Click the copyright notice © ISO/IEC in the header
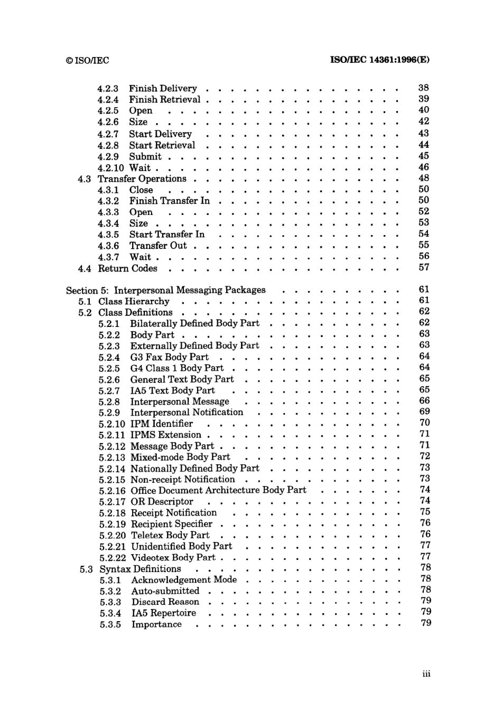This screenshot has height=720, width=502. [x=88, y=60]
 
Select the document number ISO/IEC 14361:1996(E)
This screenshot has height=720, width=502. [x=379, y=60]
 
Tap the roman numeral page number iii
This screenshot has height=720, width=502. [x=426, y=674]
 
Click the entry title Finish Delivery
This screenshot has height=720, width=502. [x=163, y=88]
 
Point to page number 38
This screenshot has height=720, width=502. [x=423, y=88]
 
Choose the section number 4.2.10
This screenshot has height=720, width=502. [x=110, y=168]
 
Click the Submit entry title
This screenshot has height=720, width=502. [x=145, y=156]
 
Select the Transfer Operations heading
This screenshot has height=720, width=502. [x=142, y=179]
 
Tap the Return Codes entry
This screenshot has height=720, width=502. [x=127, y=268]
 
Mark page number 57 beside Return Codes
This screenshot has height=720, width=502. [x=424, y=267]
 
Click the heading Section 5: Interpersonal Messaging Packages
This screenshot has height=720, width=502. [x=165, y=290]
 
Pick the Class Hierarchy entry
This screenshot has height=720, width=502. [x=134, y=302]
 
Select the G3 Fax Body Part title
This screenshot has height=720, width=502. [x=169, y=357]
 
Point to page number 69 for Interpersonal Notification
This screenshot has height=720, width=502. [x=424, y=412]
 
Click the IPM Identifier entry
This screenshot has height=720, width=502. [x=161, y=424]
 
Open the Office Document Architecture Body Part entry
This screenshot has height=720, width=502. [x=218, y=490]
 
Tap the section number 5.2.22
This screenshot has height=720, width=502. [x=112, y=558]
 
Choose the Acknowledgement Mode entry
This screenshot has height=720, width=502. [x=184, y=579]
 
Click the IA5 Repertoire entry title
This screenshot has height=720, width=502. [x=163, y=613]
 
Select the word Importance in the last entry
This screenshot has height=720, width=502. [x=156, y=624]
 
